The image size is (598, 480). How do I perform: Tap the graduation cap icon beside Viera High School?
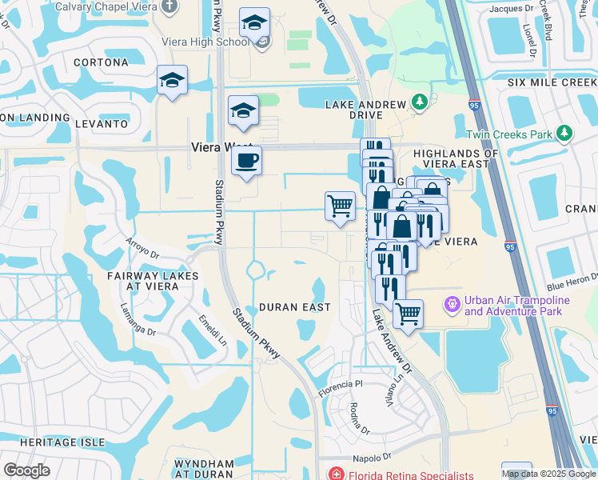coord(254,24)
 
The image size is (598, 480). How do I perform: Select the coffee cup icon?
coord(246,161)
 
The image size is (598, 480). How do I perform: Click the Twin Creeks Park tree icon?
coord(564,132)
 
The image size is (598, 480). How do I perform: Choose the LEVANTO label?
coord(102,124)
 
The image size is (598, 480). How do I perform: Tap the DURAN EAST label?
coord(294,307)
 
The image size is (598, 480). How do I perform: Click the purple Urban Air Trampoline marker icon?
coord(451,305)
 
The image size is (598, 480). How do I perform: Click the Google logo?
coord(26,470)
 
